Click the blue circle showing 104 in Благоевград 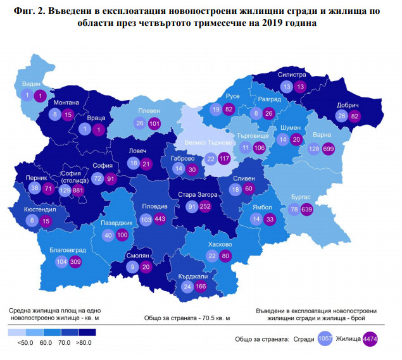(62, 261)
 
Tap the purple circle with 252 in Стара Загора (204, 206)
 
